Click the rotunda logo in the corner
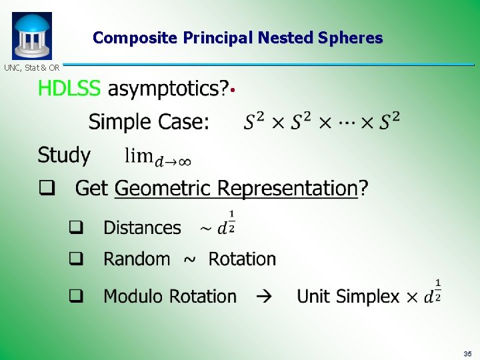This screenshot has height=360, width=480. point(31,36)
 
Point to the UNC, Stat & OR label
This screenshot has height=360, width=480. point(32,67)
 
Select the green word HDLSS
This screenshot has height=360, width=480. point(69,88)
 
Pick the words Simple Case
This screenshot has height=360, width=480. point(149,122)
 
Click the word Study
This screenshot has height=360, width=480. point(64,155)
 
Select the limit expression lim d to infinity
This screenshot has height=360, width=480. point(158,157)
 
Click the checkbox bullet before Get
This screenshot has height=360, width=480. point(46,188)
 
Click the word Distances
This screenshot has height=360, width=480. point(142,228)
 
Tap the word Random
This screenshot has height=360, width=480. point(137,259)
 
